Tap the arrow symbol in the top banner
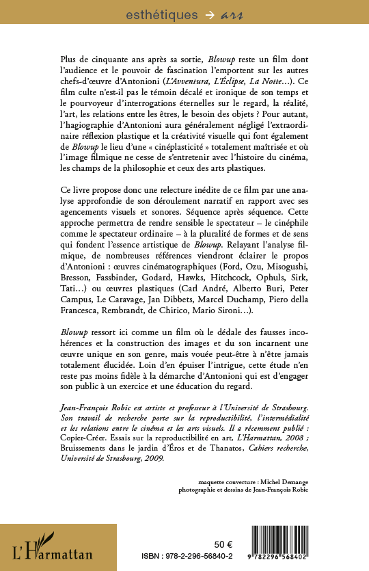193,14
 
